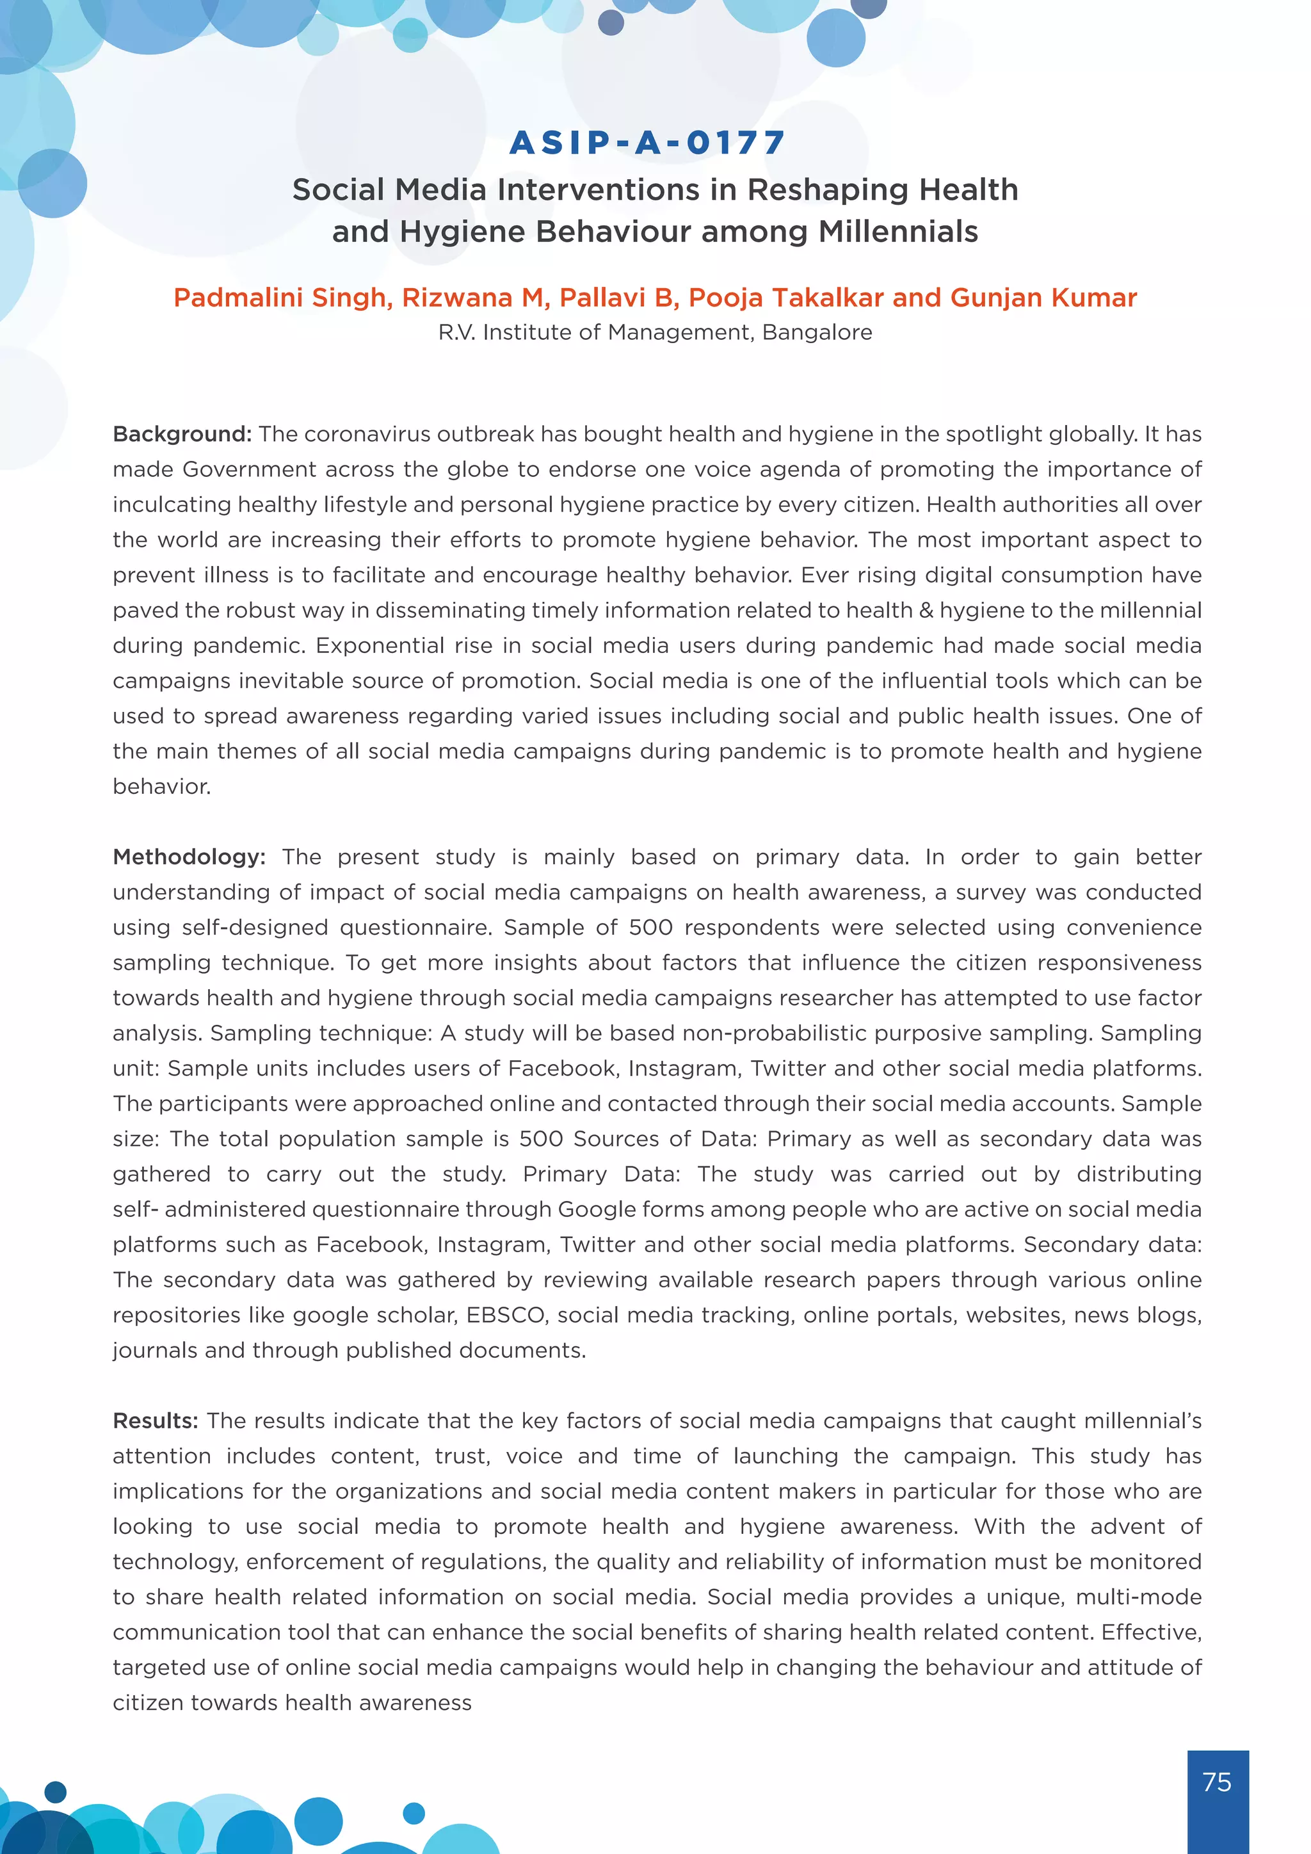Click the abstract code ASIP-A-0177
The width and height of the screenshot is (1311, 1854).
(x=647, y=143)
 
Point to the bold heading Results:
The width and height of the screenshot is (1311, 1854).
(x=155, y=1421)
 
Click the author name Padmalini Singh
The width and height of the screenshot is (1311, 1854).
(x=282, y=297)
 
